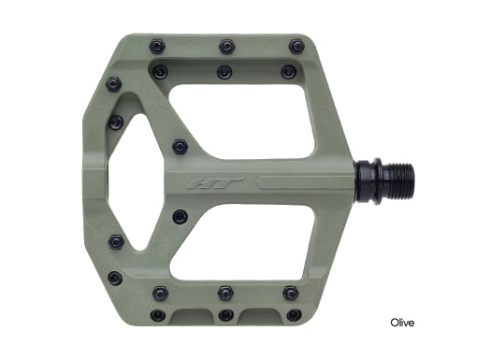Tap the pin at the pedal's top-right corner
pos(296,45)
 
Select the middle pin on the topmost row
pos(226,45)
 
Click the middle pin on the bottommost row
pos(225,315)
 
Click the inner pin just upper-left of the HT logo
pos(180,147)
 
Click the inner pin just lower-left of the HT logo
pos(180,216)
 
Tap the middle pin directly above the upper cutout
pos(224,71)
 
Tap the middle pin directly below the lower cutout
pos(224,293)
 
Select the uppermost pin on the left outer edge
pos(114,84)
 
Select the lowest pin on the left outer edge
pos(114,278)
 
